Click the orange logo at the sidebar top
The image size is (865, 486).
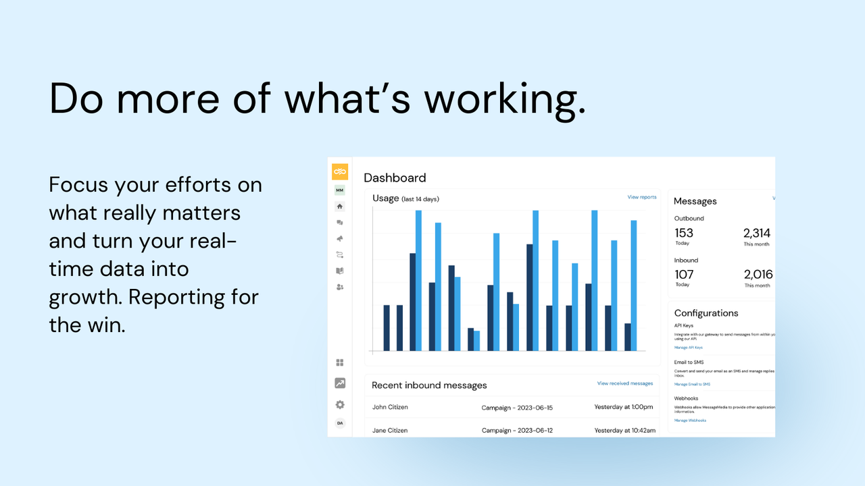340,171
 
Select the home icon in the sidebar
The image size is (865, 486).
340,207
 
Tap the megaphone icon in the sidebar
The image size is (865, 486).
340,238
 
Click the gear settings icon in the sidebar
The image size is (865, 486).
340,404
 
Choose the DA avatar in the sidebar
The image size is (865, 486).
340,423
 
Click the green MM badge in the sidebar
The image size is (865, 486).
340,190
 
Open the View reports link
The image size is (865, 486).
641,197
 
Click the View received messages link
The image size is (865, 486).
624,383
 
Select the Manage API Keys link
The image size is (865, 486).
688,348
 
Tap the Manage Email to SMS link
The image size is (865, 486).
692,384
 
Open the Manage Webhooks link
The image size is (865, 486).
690,421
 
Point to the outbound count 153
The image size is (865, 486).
684,233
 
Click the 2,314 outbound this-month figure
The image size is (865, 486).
757,233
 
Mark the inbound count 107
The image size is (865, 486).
684,274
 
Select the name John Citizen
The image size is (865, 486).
390,407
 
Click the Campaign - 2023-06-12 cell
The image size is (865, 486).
517,430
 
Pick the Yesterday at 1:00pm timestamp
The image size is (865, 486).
623,408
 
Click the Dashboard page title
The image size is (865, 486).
395,178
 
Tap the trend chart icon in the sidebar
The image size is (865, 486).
340,383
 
